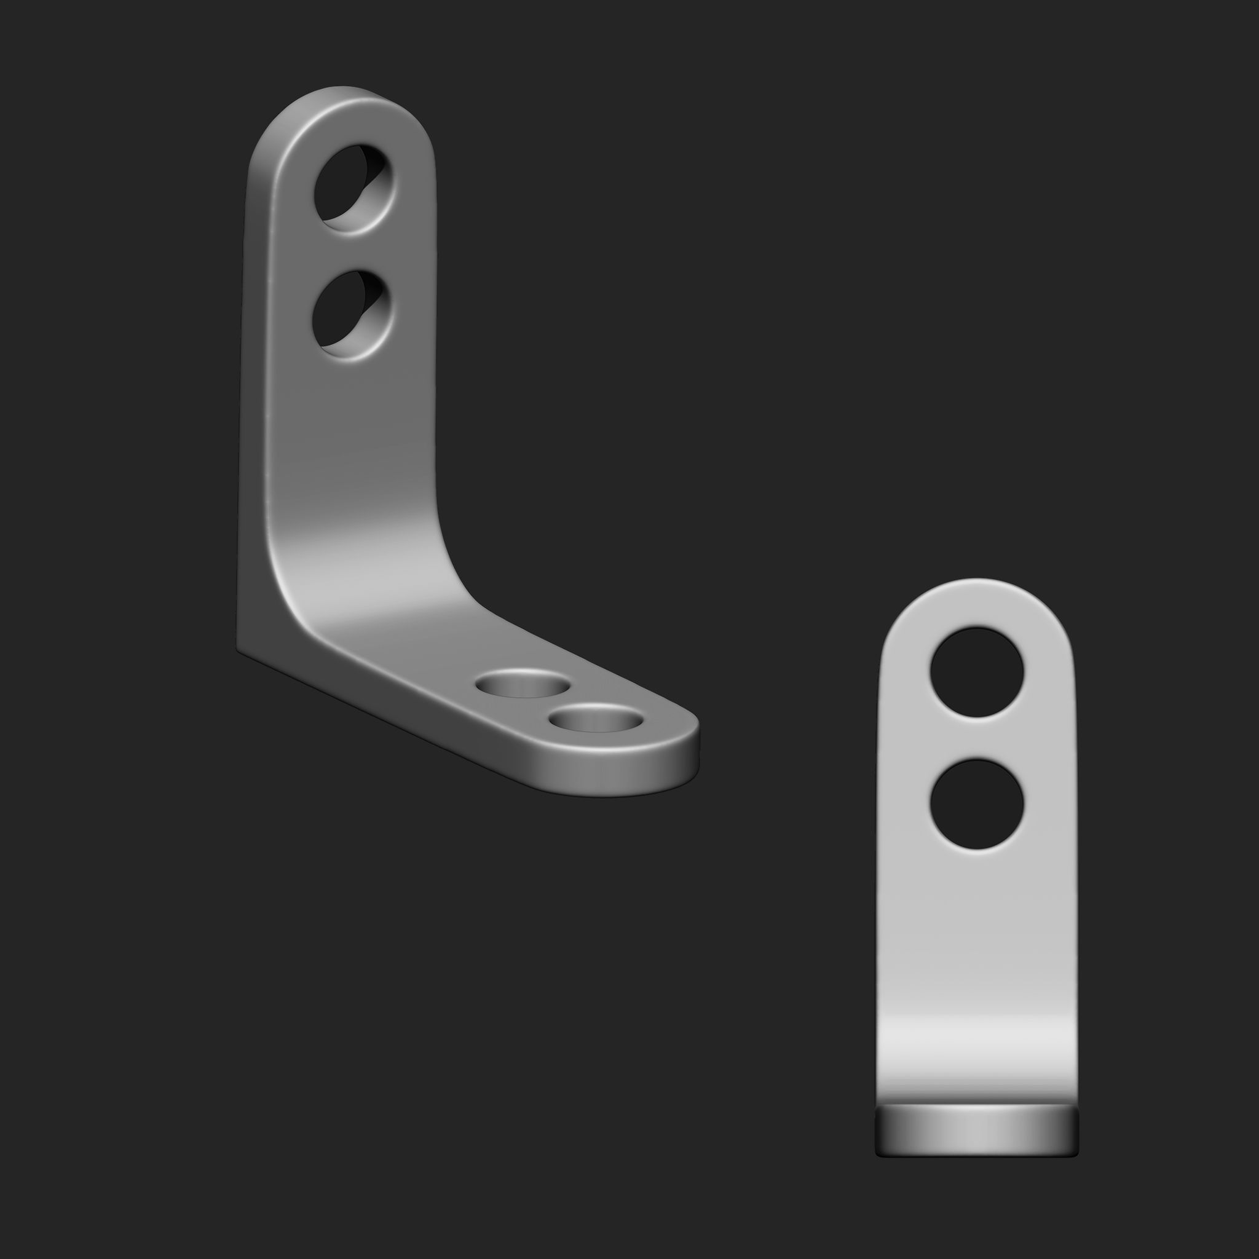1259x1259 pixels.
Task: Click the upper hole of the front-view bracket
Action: click(976, 672)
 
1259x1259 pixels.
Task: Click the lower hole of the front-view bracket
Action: click(976, 804)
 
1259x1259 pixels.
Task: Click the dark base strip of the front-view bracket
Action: click(976, 1134)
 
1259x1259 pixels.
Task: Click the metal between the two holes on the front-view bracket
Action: click(976, 738)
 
